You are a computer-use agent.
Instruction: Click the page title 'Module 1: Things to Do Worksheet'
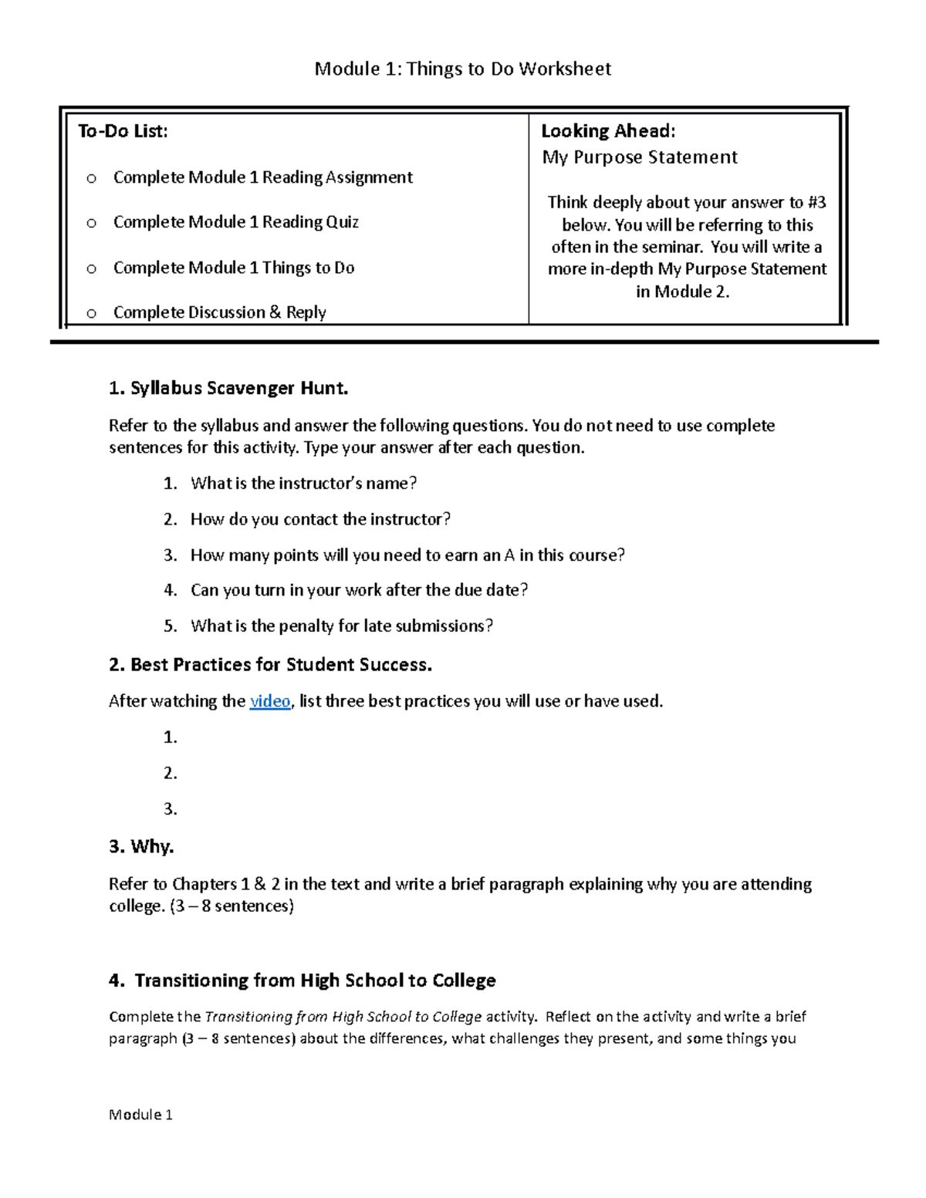coord(462,69)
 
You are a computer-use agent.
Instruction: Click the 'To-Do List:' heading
coord(123,131)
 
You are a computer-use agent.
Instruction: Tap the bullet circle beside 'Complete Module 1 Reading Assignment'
coord(92,179)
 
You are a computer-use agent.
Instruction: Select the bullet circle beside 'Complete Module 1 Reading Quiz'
coord(92,224)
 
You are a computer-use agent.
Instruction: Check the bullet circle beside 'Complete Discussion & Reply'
coord(92,313)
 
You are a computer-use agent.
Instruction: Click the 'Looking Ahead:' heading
coord(607,131)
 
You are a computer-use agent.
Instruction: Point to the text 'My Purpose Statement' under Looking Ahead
coord(639,157)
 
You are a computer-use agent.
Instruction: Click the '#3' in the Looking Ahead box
coord(816,202)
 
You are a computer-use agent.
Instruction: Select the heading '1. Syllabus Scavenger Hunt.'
coord(228,388)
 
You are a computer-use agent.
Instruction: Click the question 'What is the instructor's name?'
coord(303,484)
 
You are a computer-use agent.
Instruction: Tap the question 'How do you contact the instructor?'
coord(320,519)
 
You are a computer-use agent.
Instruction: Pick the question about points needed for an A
coord(407,555)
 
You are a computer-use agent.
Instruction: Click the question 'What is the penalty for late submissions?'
coord(341,626)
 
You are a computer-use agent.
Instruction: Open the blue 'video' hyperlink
coord(269,701)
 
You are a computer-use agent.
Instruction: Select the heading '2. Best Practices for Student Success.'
coord(270,665)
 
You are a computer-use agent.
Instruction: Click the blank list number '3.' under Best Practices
coord(171,809)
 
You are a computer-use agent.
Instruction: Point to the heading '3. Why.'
coord(141,846)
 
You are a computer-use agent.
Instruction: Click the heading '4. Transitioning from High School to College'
coord(302,980)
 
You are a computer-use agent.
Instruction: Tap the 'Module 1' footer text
coord(140,1115)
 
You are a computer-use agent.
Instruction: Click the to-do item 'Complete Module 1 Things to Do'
coord(234,268)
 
